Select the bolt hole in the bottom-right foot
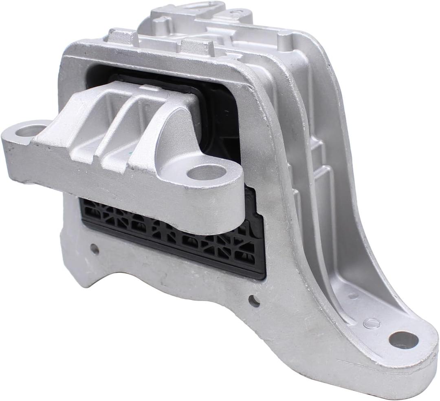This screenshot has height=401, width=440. (403, 340)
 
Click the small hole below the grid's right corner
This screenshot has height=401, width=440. (254, 301)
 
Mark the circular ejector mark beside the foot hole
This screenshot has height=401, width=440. (371, 323)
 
